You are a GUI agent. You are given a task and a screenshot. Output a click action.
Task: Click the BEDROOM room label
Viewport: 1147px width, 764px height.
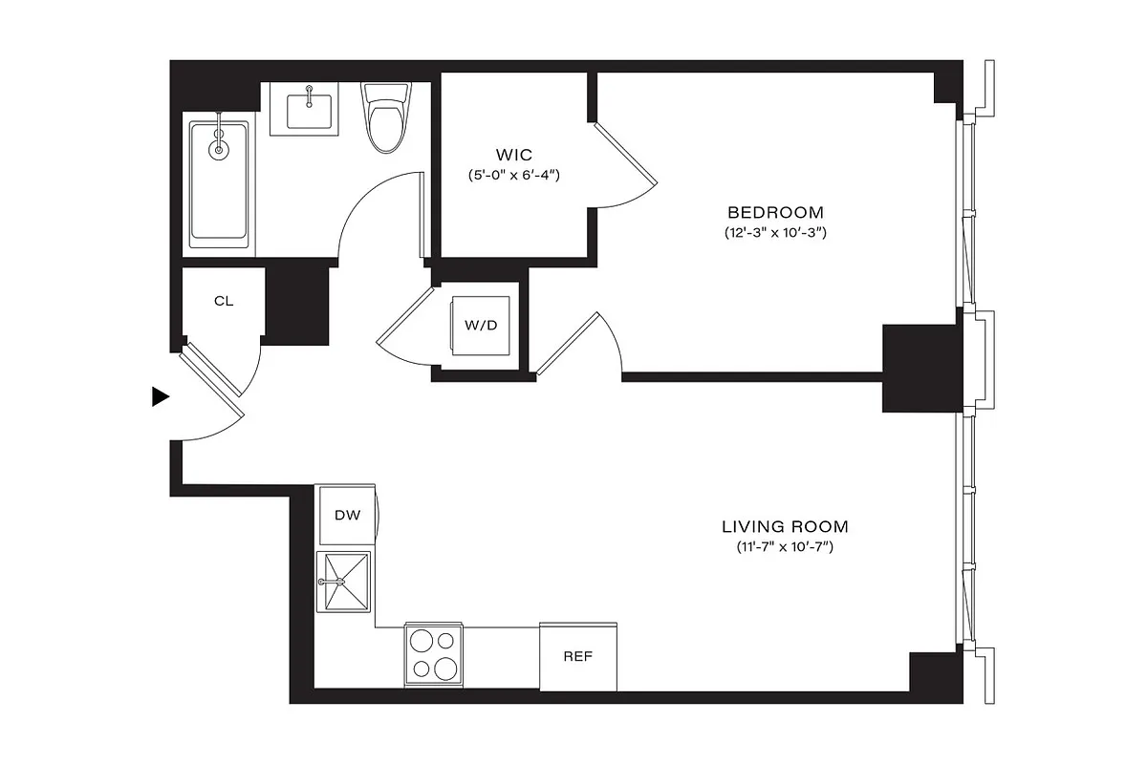point(775,212)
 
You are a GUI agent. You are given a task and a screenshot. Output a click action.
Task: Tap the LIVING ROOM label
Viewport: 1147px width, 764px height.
point(785,526)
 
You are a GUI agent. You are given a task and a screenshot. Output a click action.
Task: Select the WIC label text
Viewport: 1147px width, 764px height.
point(513,155)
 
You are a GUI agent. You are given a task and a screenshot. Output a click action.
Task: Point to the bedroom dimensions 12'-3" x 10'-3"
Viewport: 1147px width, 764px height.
point(775,233)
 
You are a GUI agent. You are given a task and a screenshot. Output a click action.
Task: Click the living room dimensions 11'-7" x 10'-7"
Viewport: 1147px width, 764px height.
point(785,547)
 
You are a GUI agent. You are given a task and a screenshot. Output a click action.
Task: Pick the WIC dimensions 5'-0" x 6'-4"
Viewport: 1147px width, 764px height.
point(513,176)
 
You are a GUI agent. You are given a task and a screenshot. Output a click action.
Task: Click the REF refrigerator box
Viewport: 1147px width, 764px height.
point(578,656)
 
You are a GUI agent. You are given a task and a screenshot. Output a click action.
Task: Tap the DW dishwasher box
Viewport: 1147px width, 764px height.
point(347,516)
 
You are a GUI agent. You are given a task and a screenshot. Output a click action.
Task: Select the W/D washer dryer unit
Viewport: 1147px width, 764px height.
point(481,325)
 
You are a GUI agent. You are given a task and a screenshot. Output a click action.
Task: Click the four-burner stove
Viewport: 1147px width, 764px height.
point(434,653)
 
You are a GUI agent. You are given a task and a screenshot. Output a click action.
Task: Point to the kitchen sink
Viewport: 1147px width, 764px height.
point(344,583)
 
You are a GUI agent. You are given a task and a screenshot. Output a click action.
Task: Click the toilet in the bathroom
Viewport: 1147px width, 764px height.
point(384,119)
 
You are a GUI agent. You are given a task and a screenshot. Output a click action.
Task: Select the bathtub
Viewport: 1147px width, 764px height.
point(219,181)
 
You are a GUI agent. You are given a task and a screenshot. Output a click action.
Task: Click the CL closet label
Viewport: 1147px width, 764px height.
point(224,302)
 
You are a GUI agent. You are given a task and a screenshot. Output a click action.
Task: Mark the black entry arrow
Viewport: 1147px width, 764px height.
point(161,397)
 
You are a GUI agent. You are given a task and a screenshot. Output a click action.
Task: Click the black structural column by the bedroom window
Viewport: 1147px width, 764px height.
point(920,368)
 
